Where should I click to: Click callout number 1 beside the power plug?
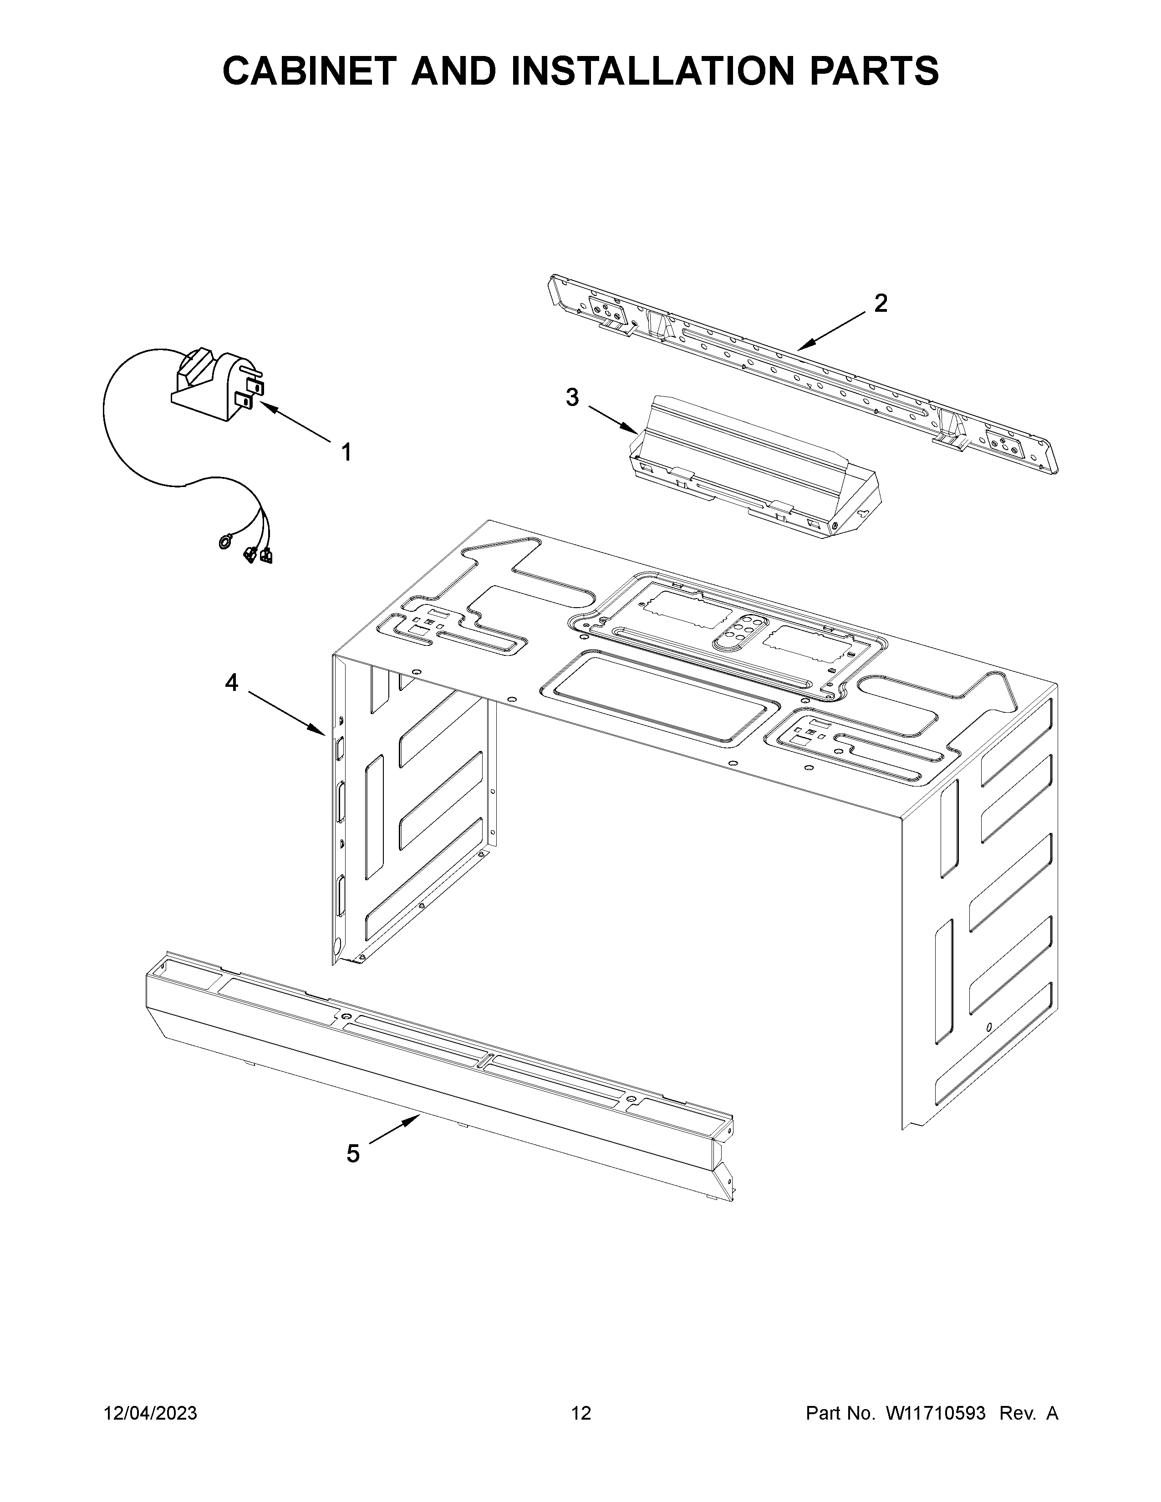pos(346,452)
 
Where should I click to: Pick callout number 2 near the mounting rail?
pos(881,303)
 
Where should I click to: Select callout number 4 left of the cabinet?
pos(231,682)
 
